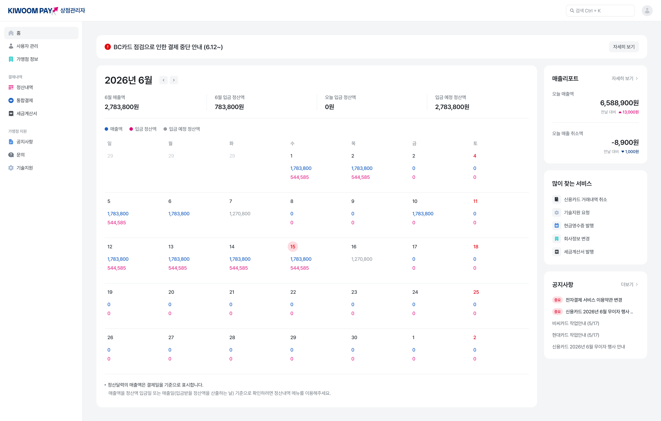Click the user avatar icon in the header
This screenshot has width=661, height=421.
[x=647, y=11]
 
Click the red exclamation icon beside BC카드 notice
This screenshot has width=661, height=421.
[x=108, y=47]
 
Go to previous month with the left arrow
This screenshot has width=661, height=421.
[x=163, y=80]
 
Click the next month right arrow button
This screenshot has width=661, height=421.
[x=174, y=80]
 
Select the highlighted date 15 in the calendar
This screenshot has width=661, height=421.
[x=293, y=247]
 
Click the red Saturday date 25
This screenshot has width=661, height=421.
[x=476, y=292]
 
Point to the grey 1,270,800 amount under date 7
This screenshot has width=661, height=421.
[x=240, y=214]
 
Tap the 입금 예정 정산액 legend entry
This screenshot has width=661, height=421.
[x=182, y=129]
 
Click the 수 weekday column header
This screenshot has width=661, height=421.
[x=292, y=143]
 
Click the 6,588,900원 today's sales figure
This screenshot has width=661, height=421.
[x=619, y=103]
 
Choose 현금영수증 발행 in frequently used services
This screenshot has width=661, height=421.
[x=579, y=225]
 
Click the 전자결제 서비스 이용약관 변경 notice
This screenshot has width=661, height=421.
[x=594, y=300]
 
